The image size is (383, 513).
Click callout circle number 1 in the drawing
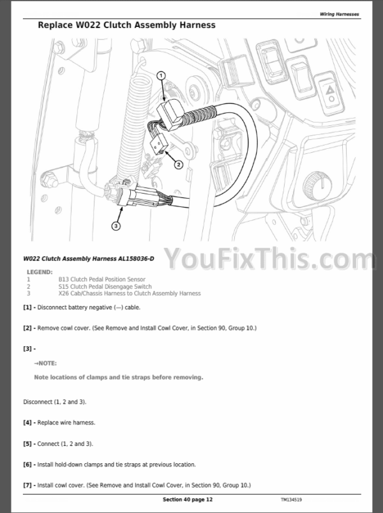(161, 76)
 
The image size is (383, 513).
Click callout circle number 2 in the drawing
(179, 165)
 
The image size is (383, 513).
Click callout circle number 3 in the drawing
(116, 226)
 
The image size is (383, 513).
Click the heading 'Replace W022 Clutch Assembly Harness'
(127, 25)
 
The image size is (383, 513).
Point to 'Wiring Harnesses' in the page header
(339, 14)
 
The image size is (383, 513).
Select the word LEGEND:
(40, 272)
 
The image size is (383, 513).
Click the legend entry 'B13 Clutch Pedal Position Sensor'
(102, 279)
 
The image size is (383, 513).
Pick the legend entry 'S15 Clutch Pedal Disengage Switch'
(105, 287)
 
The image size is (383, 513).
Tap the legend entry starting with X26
(130, 293)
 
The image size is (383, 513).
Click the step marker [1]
(27, 307)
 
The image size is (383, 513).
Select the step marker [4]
(27, 423)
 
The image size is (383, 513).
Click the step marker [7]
(27, 485)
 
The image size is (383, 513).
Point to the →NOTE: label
(45, 364)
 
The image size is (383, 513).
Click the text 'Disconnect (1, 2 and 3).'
(55, 402)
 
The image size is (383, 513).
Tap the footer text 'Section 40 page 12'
(188, 500)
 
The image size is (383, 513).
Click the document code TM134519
(291, 500)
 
